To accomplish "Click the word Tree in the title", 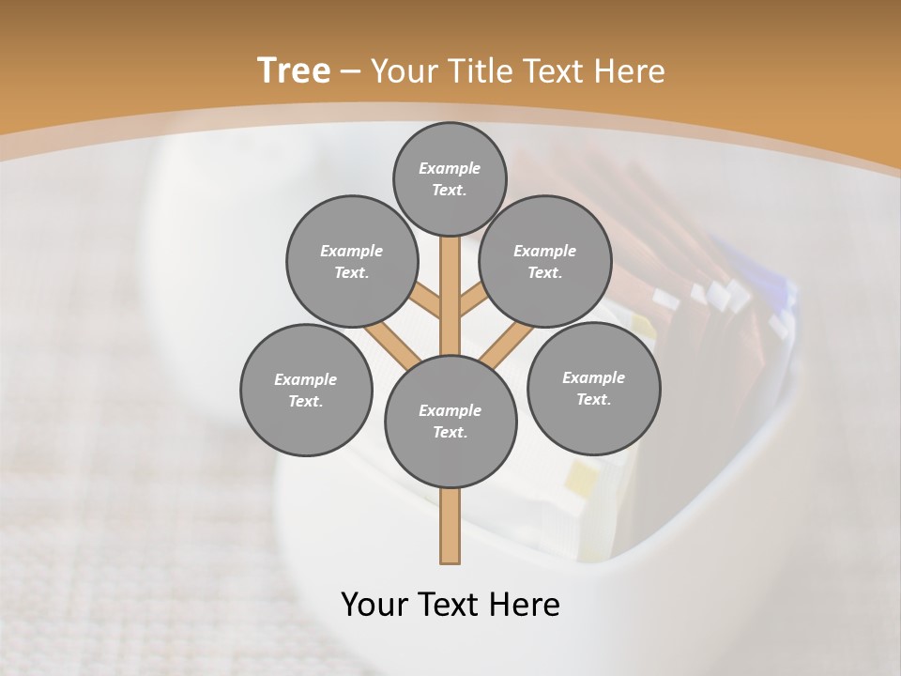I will [294, 70].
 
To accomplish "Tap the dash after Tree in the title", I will [350, 72].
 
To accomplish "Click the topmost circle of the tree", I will [450, 178].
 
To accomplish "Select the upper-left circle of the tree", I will [351, 261].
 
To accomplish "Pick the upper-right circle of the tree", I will [544, 261].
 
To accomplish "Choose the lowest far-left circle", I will [306, 390].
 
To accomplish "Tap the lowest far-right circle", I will [593, 388].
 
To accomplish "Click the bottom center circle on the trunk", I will [450, 421].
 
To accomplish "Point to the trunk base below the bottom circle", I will [450, 526].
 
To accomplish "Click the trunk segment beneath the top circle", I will [450, 282].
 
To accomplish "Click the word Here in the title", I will [628, 71].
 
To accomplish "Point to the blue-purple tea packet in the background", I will [760, 282].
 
